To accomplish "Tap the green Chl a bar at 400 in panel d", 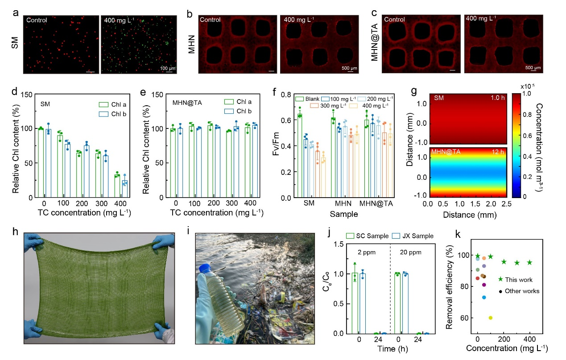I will (117, 186).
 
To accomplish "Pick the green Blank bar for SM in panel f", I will (300, 156).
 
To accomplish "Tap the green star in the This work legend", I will (500, 279).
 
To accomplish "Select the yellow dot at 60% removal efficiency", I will (491, 318).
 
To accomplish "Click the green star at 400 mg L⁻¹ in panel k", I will (530, 262).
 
